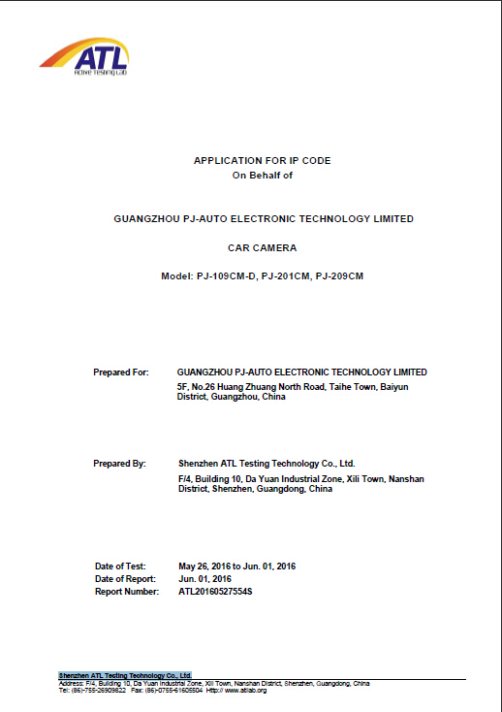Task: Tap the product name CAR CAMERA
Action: point(262,248)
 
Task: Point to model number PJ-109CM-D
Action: point(228,276)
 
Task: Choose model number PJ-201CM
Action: point(286,276)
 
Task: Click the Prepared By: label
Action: point(120,464)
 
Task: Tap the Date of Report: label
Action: point(125,578)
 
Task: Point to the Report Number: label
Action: point(127,591)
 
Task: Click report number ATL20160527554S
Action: point(216,591)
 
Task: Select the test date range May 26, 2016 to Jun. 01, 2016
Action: point(237,566)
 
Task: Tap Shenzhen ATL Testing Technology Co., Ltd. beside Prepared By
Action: point(267,464)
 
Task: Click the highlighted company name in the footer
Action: point(125,674)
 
